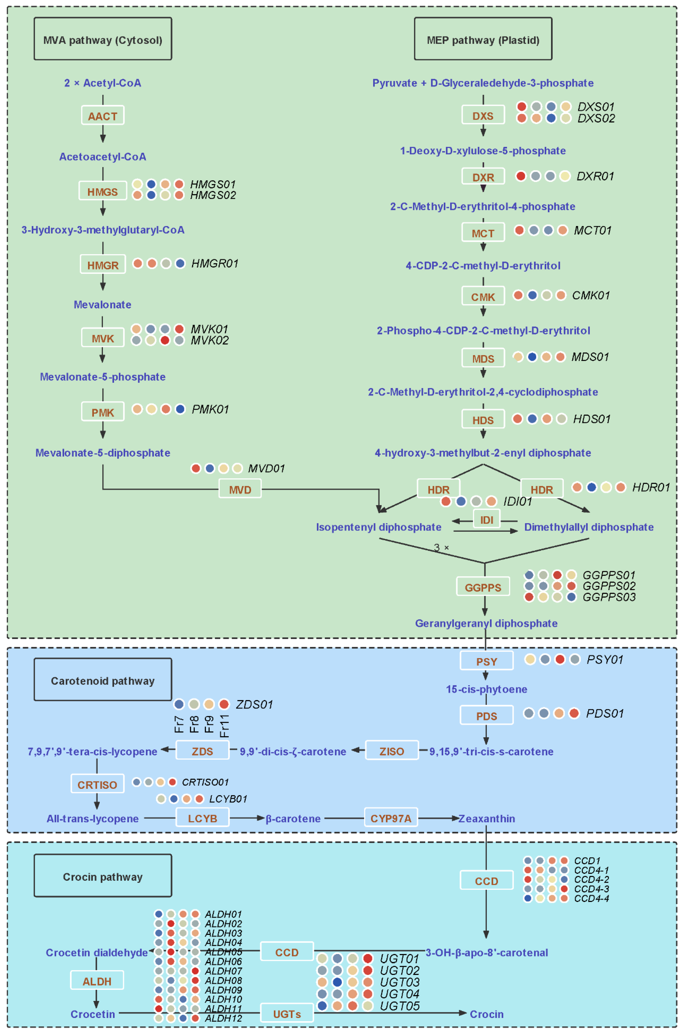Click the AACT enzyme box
(x=103, y=115)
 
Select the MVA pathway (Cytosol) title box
(x=103, y=39)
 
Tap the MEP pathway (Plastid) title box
(x=483, y=39)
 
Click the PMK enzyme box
(x=103, y=412)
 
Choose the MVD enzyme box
(x=240, y=489)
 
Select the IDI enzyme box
(x=487, y=519)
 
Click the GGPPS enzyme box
(x=483, y=587)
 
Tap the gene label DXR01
(x=595, y=176)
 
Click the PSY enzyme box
(x=487, y=661)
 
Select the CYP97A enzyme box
(x=391, y=818)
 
